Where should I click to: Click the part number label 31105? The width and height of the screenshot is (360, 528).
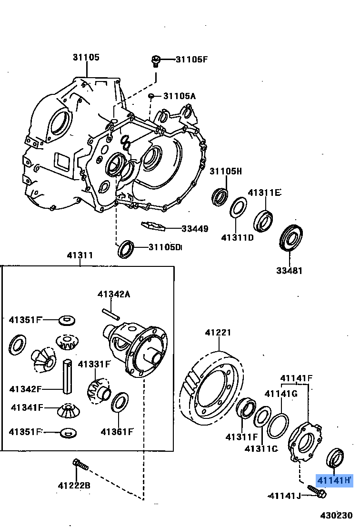point(86,57)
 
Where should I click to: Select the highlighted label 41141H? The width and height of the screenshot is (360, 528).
point(334,480)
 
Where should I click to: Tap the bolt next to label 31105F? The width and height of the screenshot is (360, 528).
point(155,60)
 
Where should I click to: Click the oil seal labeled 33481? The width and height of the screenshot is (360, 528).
point(291,237)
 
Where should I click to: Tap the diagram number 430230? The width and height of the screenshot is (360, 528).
point(336,516)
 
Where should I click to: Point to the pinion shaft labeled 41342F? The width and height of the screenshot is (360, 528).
point(68,376)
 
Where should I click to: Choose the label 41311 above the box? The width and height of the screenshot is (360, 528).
point(80,255)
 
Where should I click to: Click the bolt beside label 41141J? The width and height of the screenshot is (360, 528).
point(316,492)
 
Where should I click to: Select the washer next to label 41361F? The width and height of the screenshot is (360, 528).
point(119,403)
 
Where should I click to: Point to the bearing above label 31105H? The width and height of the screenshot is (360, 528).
point(220,196)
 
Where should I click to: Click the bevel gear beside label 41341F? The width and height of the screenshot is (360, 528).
point(69,409)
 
